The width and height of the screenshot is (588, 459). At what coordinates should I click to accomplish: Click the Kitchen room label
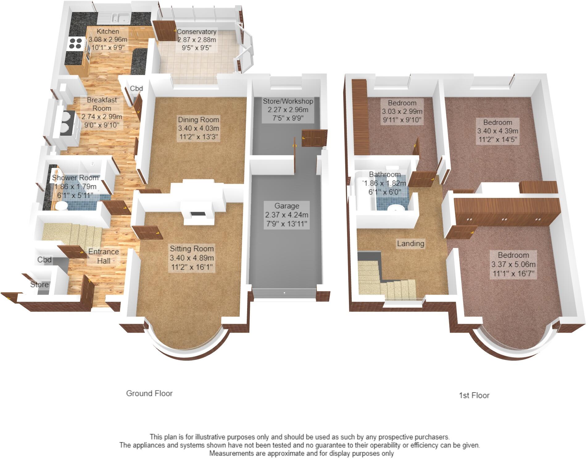click(108, 31)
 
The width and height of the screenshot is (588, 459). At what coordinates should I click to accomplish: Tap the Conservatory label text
click(197, 32)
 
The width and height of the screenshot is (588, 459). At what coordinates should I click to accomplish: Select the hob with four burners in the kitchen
click(75, 43)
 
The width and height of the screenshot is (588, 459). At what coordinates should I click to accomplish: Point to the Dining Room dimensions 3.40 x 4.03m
click(198, 128)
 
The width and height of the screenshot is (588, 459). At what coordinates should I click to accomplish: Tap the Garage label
click(287, 206)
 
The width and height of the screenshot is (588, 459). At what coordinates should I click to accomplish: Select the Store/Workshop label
click(288, 101)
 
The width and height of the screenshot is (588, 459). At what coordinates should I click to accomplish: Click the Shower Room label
click(75, 178)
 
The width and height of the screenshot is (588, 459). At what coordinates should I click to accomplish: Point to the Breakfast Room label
click(102, 104)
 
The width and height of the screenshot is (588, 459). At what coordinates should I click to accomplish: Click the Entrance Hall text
click(104, 256)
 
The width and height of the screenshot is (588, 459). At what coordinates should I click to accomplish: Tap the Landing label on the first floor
click(410, 244)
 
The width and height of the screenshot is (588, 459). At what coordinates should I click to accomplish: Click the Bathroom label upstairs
click(385, 174)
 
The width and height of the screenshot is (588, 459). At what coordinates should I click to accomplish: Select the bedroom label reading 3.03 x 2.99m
click(402, 111)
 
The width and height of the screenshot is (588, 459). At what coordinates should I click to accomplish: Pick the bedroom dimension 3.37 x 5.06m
click(513, 264)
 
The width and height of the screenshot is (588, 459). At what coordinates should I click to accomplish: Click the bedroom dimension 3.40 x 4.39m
click(498, 131)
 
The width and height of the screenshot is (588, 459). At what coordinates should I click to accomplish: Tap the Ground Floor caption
click(149, 393)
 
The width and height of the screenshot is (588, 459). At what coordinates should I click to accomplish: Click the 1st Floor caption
click(474, 395)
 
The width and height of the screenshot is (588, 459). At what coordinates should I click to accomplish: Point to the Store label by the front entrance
click(39, 285)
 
